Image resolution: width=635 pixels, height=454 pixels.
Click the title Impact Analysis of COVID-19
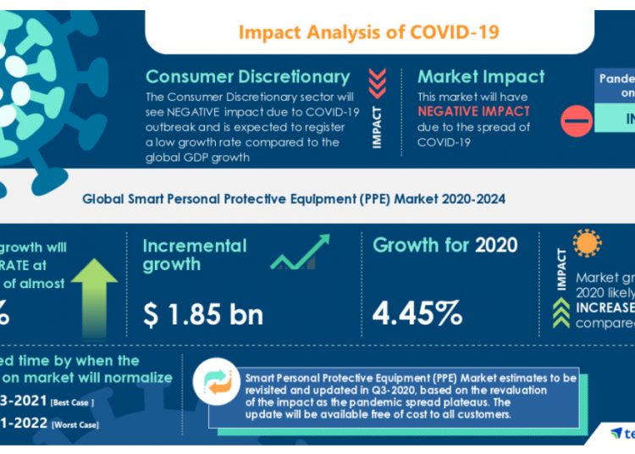pyautogui.click(x=368, y=32)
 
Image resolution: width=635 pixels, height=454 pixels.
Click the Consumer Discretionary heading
pyautogui.click(x=247, y=77)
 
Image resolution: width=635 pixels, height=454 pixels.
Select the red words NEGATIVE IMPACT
pyautogui.click(x=474, y=112)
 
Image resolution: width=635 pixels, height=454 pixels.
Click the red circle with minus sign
pyautogui.click(x=577, y=121)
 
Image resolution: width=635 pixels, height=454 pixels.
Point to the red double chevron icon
pyautogui.click(x=377, y=84)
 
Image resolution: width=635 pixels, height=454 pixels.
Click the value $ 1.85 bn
pyautogui.click(x=202, y=313)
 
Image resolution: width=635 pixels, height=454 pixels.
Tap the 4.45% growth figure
pyautogui.click(x=417, y=313)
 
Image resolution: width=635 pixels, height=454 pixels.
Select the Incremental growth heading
pyautogui.click(x=195, y=255)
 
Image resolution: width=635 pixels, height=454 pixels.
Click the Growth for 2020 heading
pyautogui.click(x=445, y=246)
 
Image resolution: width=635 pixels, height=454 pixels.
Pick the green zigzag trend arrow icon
pyautogui.click(x=300, y=253)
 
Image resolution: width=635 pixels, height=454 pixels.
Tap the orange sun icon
pyautogui.click(x=586, y=244)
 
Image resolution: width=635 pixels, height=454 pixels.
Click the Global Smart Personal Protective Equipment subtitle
pyautogui.click(x=294, y=200)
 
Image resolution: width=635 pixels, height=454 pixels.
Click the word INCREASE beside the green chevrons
pyautogui.click(x=605, y=307)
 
